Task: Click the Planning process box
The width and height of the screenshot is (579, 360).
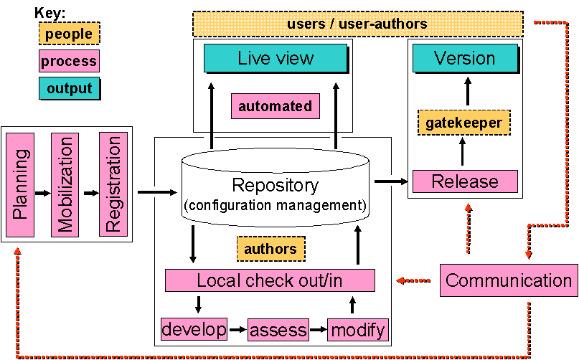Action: coord(21,184)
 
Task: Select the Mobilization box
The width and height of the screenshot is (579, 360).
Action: coord(65,184)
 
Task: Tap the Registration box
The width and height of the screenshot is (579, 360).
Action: coord(113,184)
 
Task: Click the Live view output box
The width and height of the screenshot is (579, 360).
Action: coord(276,58)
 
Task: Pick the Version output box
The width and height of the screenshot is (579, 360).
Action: coord(465,58)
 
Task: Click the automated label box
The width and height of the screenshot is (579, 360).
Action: coord(275,107)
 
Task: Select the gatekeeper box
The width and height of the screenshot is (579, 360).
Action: coord(463,123)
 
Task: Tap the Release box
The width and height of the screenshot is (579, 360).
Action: coord(465,181)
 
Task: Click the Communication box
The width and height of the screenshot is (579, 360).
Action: coord(509,280)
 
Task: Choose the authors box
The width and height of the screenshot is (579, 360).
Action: coord(270,249)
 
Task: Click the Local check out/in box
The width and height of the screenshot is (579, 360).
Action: coord(270,280)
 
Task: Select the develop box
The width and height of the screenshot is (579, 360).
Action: coord(194,330)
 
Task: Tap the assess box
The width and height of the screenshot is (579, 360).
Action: coord(277,331)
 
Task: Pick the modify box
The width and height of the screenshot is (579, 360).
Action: coord(357,330)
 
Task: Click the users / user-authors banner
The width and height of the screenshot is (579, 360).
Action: coord(357,24)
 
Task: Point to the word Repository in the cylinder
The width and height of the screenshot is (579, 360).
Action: coord(276,186)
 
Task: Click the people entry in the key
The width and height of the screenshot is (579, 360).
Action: coord(69,33)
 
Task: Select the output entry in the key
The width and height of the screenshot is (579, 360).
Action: coord(69,88)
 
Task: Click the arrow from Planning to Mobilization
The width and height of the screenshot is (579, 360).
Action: coord(42,192)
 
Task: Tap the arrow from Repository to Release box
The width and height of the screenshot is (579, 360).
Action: coord(390,181)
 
